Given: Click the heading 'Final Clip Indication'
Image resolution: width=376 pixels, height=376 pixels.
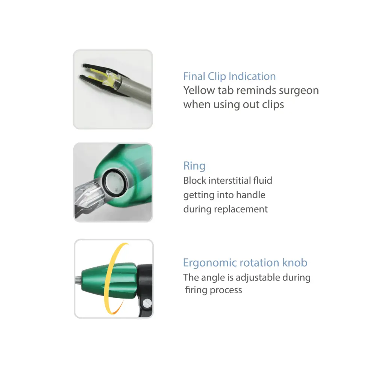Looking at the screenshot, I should tap(229, 76).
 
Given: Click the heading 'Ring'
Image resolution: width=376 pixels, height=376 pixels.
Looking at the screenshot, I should tap(194, 166).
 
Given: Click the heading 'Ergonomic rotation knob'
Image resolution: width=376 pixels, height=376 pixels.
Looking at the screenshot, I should tap(245, 262).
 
